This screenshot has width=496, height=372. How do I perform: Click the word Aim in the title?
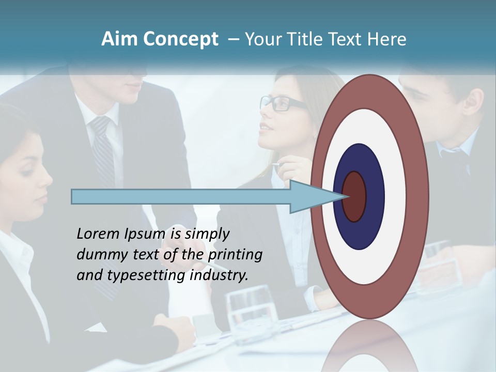[x=119, y=39]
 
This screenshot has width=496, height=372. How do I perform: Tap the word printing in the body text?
[x=235, y=255]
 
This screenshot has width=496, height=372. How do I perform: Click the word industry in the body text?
[x=219, y=275]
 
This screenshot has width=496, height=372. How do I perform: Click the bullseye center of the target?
[x=354, y=196]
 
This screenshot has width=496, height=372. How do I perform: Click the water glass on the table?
[x=252, y=310]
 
